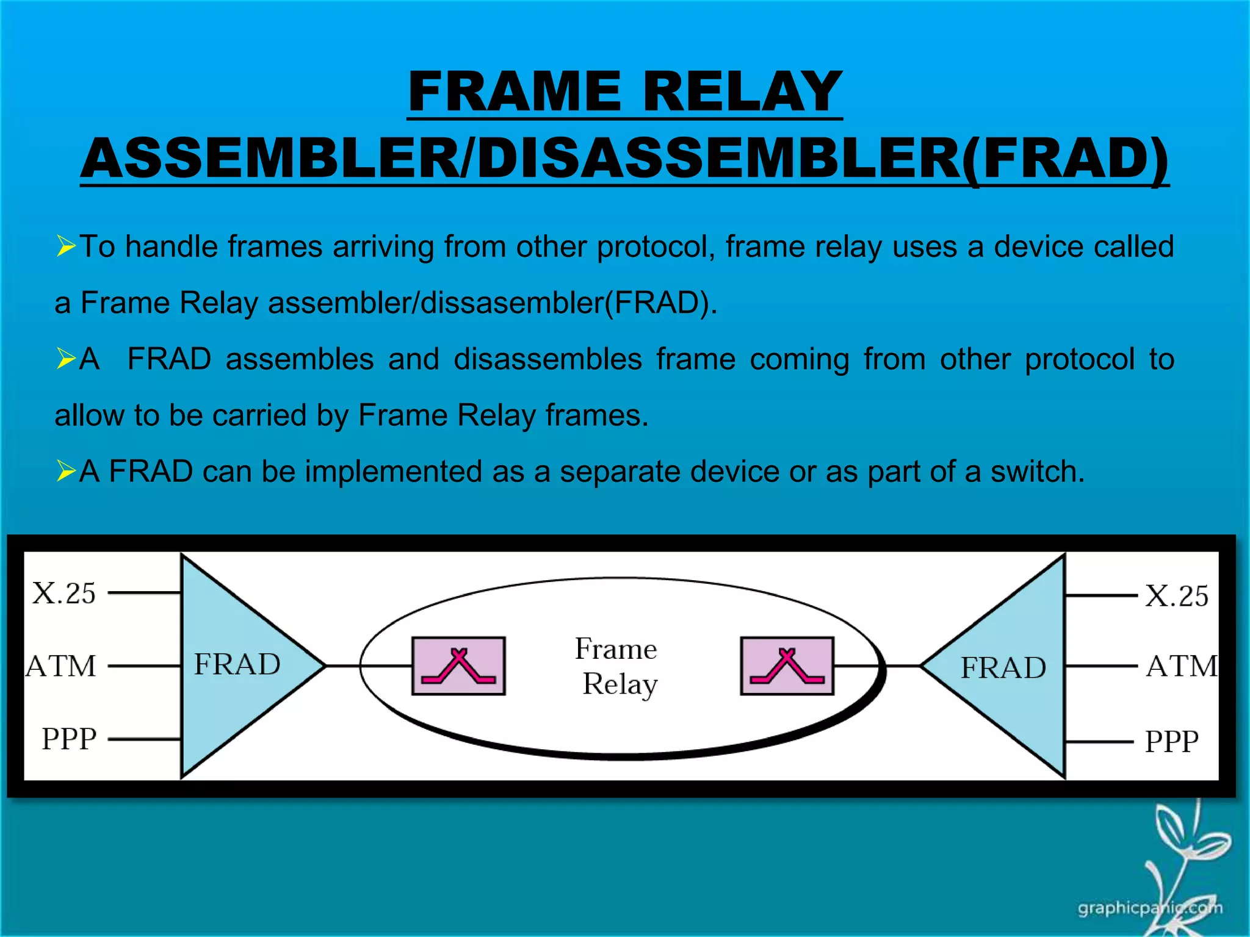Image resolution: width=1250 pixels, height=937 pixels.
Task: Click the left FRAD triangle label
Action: pyautogui.click(x=237, y=664)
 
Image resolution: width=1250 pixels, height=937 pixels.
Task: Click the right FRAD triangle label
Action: pyautogui.click(x=1003, y=667)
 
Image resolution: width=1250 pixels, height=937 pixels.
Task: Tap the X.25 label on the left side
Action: pyautogui.click(x=64, y=594)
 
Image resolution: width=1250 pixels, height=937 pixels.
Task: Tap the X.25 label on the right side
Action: pyautogui.click(x=1176, y=596)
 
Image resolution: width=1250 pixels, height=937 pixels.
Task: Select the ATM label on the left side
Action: pyautogui.click(x=61, y=666)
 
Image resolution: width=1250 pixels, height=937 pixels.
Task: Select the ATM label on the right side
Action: pyautogui.click(x=1181, y=666)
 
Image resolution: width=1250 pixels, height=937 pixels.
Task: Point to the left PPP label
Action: pyautogui.click(x=69, y=739)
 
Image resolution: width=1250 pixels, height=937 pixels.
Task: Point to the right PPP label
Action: pyautogui.click(x=1171, y=742)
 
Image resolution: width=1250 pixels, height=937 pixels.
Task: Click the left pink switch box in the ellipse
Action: pyautogui.click(x=458, y=666)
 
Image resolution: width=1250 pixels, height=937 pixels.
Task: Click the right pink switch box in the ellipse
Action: pyautogui.click(x=787, y=666)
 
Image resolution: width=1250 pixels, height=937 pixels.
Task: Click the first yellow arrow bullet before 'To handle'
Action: pyautogui.click(x=65, y=246)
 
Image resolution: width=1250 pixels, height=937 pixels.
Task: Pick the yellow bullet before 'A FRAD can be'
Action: pyautogui.click(x=65, y=471)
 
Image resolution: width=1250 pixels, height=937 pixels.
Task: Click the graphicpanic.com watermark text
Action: pyautogui.click(x=1149, y=908)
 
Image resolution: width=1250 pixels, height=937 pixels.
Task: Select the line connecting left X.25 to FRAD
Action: pyautogui.click(x=145, y=592)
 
